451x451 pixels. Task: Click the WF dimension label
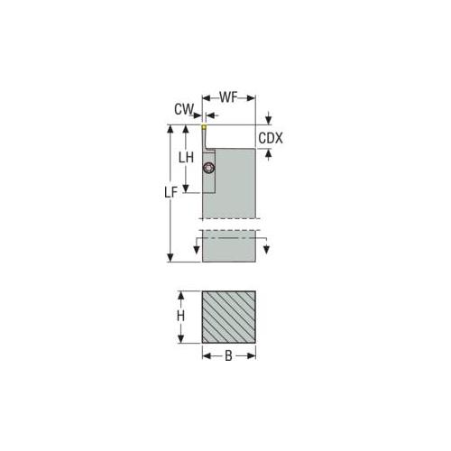point(228,97)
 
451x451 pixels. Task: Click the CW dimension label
point(184,109)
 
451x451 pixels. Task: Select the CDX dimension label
point(271,138)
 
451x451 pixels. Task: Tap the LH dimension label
point(186,158)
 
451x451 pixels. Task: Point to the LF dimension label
point(171,192)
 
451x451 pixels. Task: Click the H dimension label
point(180,316)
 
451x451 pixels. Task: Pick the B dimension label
point(228,356)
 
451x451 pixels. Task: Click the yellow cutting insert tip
point(204,127)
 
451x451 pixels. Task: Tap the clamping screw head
point(208,169)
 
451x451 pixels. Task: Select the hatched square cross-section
point(229,317)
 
